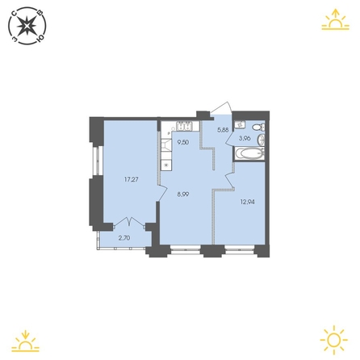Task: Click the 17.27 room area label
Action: point(132,179)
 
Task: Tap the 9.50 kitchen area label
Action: point(182,142)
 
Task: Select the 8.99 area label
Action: point(183,194)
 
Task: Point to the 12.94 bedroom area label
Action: point(247,202)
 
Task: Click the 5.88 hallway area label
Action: point(223,130)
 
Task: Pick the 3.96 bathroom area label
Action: point(245,139)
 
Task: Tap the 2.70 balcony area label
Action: point(124,238)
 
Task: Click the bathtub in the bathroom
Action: point(249,154)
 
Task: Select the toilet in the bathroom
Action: point(259,127)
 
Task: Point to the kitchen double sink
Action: point(184,126)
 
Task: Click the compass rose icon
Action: point(27,26)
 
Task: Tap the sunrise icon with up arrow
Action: point(335,19)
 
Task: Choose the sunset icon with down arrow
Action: point(26,341)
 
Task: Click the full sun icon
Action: point(334,340)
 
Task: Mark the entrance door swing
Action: point(222,108)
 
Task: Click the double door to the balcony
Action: point(130,222)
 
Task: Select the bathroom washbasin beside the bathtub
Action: point(262,140)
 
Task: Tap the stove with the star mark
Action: point(166,165)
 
